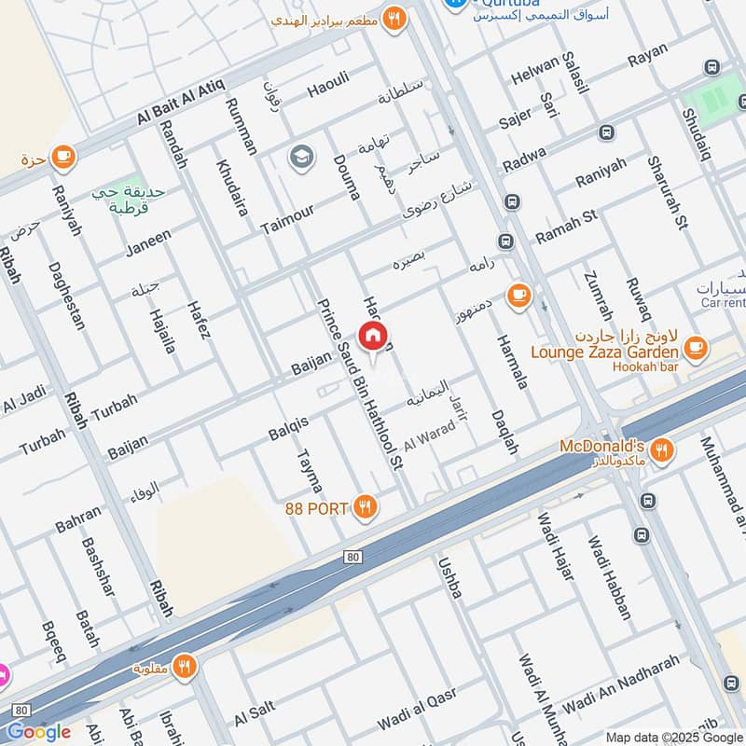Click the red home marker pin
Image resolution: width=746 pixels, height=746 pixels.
pos(373,338)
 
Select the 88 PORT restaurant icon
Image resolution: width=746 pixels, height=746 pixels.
pos(366,508)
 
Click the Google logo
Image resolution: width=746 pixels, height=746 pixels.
pos(38,732)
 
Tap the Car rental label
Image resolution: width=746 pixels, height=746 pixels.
pos(722,303)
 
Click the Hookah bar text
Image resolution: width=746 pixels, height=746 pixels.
pos(644,366)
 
